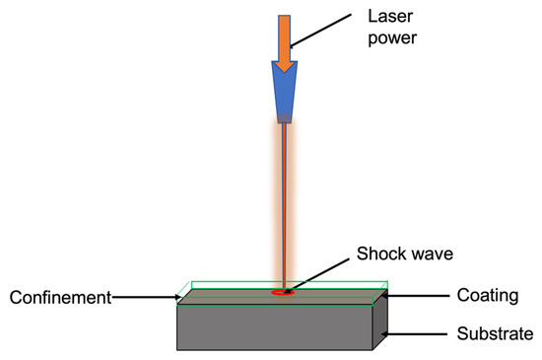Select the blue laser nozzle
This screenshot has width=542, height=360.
pyautogui.click(x=285, y=94)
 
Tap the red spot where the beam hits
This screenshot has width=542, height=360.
pyautogui.click(x=284, y=292)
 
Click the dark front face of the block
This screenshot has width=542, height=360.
pyautogui.click(x=276, y=327)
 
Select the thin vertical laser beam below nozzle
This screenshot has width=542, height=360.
pyautogui.click(x=284, y=207)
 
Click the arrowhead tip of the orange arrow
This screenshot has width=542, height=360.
pyautogui.click(x=285, y=71)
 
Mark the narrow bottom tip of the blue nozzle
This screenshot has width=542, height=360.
pyautogui.click(x=285, y=120)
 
